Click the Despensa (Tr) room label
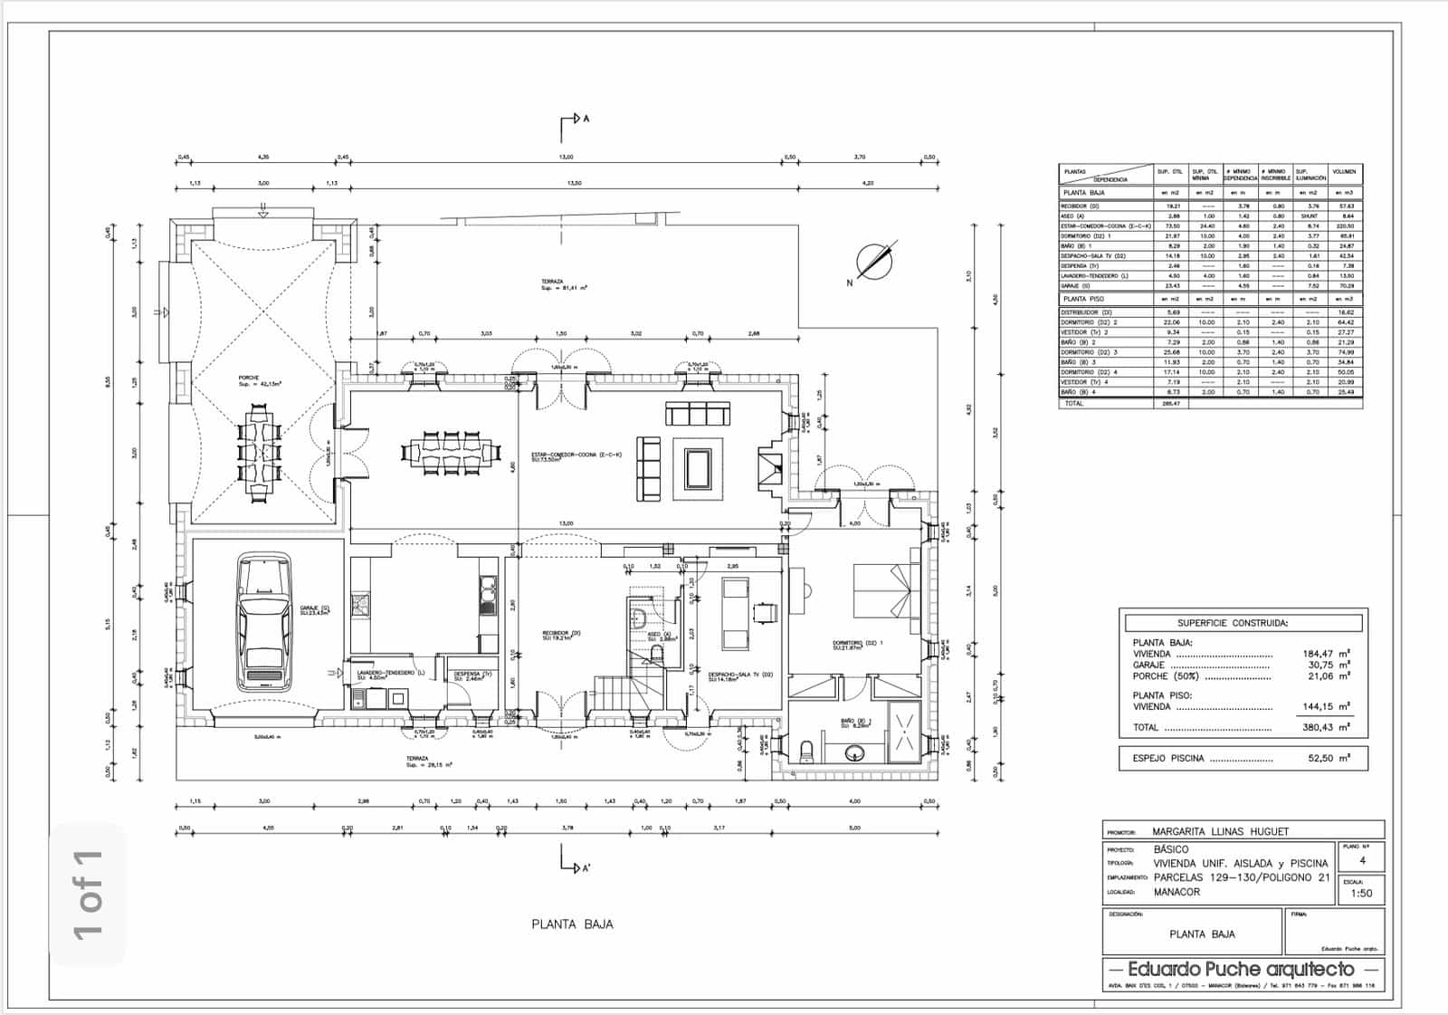pyautogui.click(x=472, y=675)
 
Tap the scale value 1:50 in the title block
pyautogui.click(x=1360, y=893)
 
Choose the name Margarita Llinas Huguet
pyautogui.click(x=1220, y=831)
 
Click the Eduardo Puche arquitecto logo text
pyautogui.click(x=1241, y=970)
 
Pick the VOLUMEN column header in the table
pyautogui.click(x=1344, y=172)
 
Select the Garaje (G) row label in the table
pyautogui.click(x=1076, y=285)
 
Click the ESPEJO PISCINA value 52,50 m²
pyautogui.click(x=1328, y=759)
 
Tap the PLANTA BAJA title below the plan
pyautogui.click(x=572, y=924)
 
